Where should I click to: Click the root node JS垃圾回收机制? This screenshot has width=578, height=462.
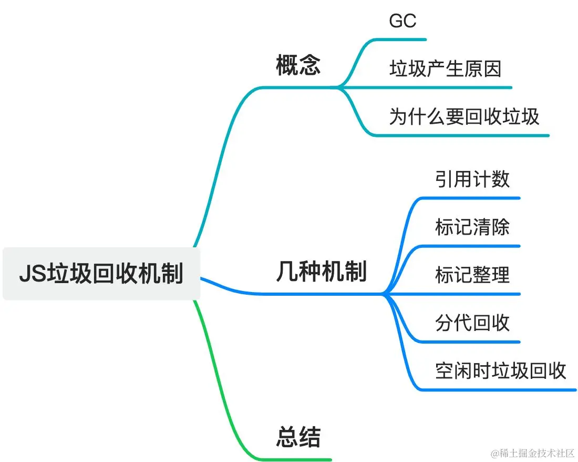101,274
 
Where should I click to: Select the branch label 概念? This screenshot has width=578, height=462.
298,66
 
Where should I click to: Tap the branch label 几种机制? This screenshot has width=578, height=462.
321,273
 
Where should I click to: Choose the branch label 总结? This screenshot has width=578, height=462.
298,437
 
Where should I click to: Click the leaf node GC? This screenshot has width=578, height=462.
402,21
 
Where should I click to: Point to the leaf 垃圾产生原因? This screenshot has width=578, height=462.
445,68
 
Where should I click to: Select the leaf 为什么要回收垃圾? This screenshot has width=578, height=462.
464,116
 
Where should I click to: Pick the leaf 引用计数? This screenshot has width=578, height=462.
472,179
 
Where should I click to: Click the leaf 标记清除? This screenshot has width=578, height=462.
472,227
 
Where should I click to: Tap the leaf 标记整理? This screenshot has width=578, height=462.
472,275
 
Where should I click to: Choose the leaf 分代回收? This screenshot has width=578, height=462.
472,323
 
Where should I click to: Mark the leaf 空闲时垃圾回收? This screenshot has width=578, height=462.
500,370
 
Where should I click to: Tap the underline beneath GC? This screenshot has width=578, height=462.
405,39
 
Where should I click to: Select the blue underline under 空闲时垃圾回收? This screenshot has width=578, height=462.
499,390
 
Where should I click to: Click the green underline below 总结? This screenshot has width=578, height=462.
300,459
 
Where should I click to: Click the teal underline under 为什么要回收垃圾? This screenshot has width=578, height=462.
462,136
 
